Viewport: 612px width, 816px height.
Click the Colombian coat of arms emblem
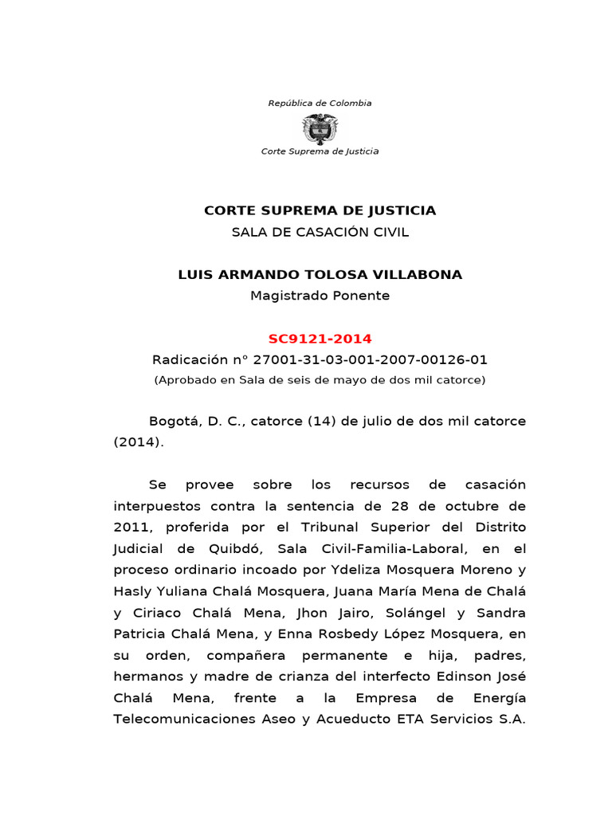pos(320,127)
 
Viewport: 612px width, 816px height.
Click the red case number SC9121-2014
pos(320,339)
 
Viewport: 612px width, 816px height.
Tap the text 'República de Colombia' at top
pos(320,103)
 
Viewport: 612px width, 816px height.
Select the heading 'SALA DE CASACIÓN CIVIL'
pos(320,232)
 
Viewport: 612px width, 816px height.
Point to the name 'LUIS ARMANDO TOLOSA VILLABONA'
pos(320,275)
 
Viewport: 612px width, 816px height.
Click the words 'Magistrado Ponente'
pos(320,296)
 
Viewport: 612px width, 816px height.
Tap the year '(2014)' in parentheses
pos(138,442)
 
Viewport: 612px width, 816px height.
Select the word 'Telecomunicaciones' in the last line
pos(178,720)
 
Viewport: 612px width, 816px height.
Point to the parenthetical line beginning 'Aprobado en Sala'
pos(320,380)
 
